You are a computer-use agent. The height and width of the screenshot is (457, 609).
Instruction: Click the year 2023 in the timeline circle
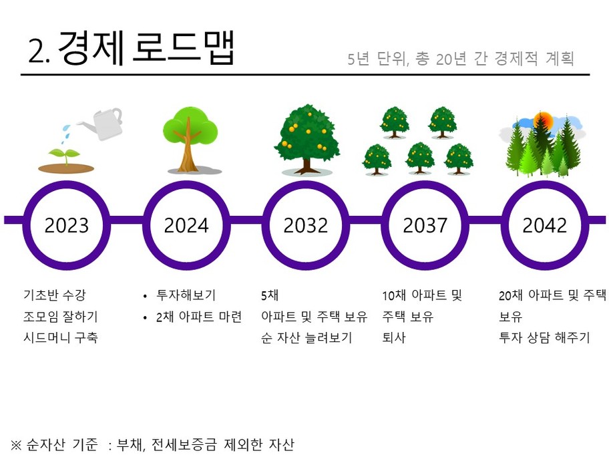[66, 225]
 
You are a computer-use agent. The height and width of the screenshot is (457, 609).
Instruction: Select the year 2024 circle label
[186, 225]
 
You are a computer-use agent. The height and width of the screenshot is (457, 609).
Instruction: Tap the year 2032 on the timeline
[306, 225]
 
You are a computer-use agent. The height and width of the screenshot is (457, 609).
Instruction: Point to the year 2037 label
[425, 225]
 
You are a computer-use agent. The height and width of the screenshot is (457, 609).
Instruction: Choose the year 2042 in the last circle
[544, 225]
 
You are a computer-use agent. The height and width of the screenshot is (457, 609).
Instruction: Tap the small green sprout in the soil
[65, 156]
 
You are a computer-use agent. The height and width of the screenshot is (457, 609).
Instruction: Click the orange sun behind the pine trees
[542, 121]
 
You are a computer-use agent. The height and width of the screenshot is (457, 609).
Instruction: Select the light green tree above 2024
[190, 140]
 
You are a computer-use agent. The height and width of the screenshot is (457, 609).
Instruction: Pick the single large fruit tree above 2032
[307, 139]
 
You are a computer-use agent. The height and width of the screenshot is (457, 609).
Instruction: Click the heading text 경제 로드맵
[146, 49]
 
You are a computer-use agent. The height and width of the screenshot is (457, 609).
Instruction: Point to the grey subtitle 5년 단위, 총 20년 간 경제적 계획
[461, 59]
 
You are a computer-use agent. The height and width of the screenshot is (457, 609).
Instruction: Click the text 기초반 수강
[54, 295]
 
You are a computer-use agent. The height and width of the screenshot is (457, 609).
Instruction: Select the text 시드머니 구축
[61, 337]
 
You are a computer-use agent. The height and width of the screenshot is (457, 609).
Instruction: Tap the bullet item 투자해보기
[186, 295]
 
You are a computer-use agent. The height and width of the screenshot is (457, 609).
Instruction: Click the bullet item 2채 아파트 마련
[199, 317]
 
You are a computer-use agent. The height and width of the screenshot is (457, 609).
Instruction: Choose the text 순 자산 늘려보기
[307, 337]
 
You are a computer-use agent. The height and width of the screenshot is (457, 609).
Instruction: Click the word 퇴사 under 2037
[394, 337]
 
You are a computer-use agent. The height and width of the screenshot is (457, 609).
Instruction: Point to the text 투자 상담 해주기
[544, 337]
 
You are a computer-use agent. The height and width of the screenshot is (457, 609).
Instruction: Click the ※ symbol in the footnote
[16, 444]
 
